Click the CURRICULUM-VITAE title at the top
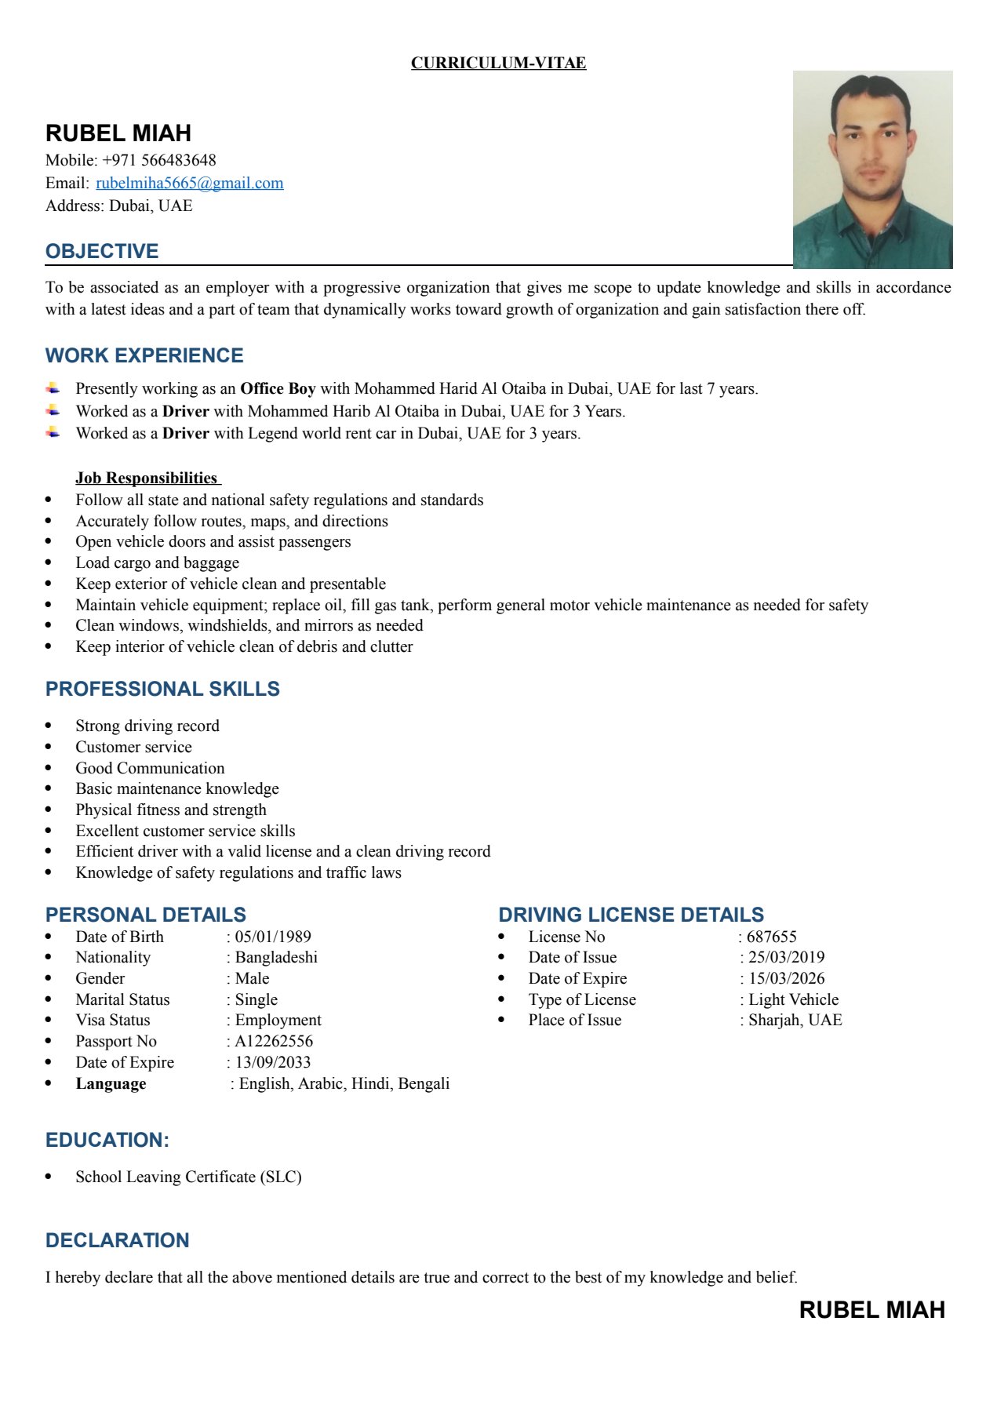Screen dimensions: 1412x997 498,63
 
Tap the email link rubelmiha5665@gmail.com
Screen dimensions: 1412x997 189,184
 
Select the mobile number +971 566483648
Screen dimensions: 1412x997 159,160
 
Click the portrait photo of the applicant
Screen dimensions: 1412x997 872,169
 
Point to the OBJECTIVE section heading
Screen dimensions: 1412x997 102,251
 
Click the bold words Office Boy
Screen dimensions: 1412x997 278,388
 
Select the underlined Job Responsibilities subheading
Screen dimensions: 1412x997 147,478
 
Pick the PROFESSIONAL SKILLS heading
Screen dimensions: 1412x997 162,689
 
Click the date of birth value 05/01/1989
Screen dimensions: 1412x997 273,937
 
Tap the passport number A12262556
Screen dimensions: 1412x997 274,1041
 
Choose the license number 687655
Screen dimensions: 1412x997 771,937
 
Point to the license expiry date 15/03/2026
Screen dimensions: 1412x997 786,978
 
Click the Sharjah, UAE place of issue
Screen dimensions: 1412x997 795,1020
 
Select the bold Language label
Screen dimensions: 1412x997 111,1083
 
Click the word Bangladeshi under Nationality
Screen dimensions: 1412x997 276,957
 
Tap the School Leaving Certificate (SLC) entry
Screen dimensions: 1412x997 188,1177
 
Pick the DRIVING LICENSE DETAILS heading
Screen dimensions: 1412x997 631,915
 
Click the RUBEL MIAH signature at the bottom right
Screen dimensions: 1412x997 871,1310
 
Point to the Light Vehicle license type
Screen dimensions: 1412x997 793,999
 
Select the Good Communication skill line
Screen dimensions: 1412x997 150,768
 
